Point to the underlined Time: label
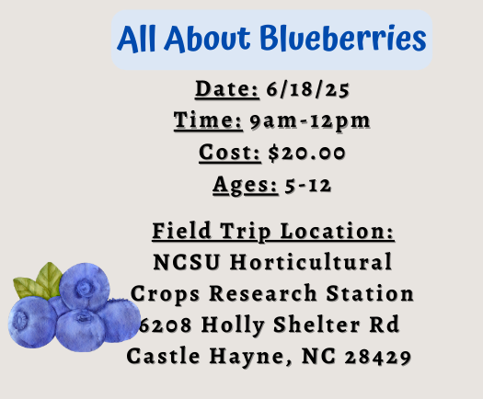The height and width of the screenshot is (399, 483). [208, 121]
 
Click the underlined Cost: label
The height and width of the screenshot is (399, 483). [228, 153]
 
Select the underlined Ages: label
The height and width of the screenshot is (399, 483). [245, 184]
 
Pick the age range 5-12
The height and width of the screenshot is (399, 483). [308, 184]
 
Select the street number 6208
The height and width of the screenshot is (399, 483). [168, 325]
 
